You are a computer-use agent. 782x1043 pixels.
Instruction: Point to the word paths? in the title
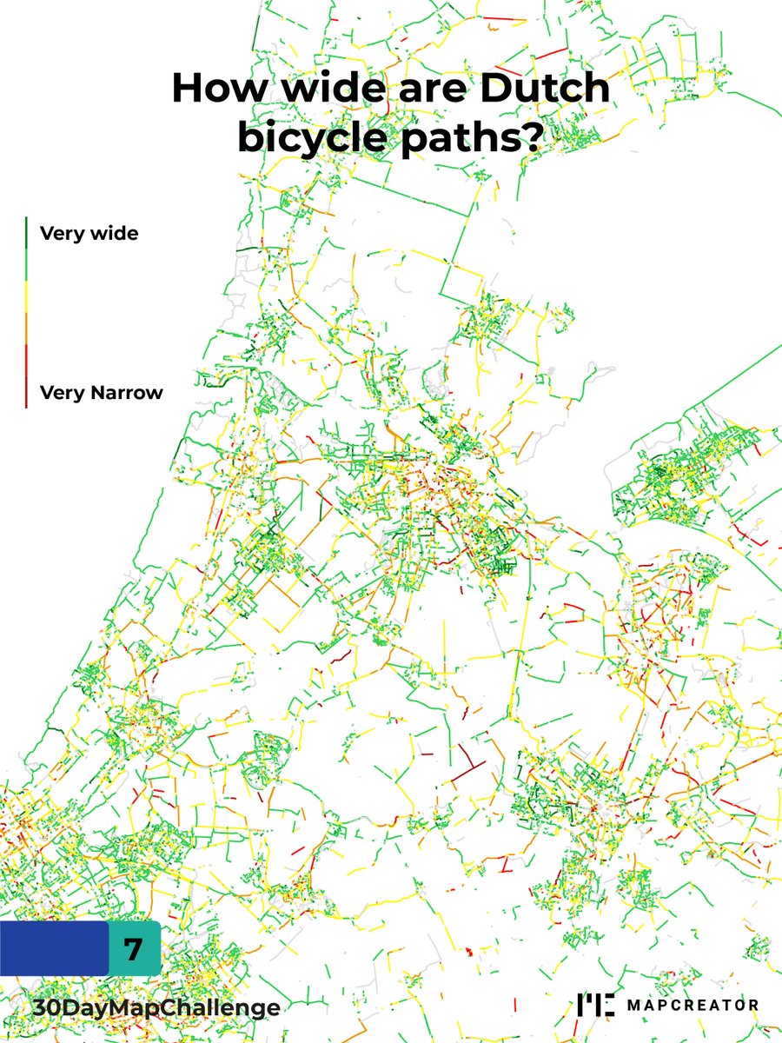(x=475, y=139)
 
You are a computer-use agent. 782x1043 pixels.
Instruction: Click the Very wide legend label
(x=89, y=234)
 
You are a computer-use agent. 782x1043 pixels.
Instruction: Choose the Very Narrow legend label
(x=101, y=393)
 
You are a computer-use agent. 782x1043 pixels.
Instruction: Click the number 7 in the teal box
(x=133, y=949)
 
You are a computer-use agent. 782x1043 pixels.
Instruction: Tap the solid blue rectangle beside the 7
(x=54, y=949)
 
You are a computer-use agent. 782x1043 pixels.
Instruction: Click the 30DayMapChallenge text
(x=155, y=1007)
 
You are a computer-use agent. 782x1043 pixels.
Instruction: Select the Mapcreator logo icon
(x=596, y=1005)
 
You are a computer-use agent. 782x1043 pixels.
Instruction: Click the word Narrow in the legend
(x=125, y=393)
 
